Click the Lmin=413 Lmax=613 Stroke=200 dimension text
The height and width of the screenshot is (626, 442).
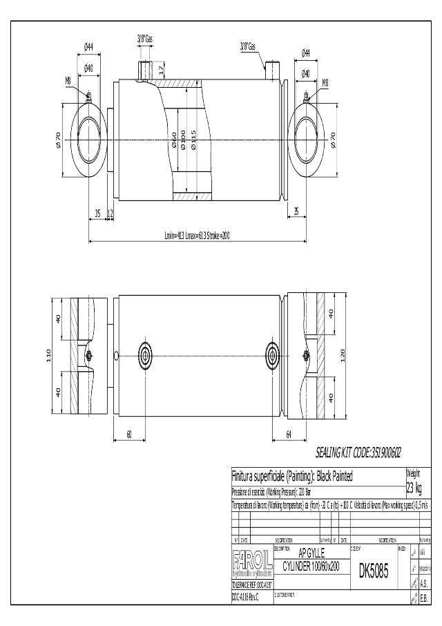click(x=197, y=236)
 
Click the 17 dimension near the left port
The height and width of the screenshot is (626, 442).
click(x=161, y=69)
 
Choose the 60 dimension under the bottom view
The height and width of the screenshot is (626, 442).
click(x=129, y=433)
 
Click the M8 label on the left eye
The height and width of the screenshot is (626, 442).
click(x=68, y=81)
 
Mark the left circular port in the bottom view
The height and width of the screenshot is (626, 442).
click(x=146, y=356)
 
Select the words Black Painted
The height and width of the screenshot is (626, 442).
click(x=335, y=477)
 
